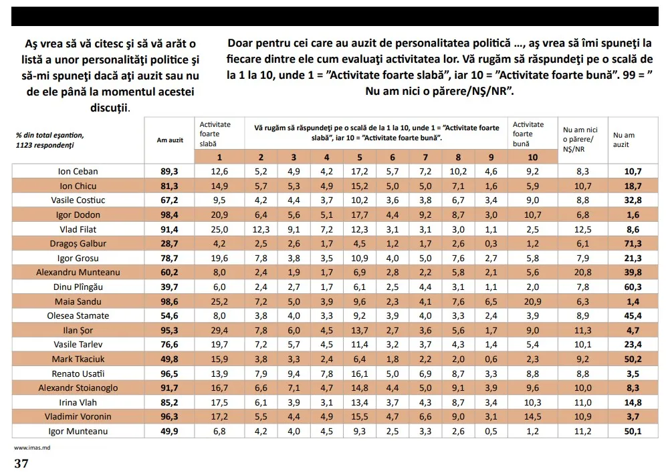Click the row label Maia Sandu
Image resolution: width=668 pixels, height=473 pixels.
coord(79,301)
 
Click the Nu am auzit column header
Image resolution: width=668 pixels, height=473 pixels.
coord(624,140)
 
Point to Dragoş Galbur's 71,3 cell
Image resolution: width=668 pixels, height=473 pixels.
coord(633,244)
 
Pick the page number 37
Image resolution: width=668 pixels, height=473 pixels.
coord(21,464)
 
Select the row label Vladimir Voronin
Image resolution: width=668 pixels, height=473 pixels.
coord(79,417)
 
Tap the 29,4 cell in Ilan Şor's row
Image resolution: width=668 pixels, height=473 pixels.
coord(219,330)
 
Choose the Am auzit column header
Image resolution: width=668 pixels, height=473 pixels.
coord(170,140)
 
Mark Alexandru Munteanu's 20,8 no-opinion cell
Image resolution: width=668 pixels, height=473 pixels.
coord(583,273)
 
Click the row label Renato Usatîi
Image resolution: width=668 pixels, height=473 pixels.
coord(79,373)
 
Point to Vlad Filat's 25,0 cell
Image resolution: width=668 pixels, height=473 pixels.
coord(219,229)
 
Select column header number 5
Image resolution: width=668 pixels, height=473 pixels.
coord(359,158)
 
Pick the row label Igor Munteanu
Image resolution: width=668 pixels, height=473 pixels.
coord(79,432)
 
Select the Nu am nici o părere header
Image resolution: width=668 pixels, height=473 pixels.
coord(580,140)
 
